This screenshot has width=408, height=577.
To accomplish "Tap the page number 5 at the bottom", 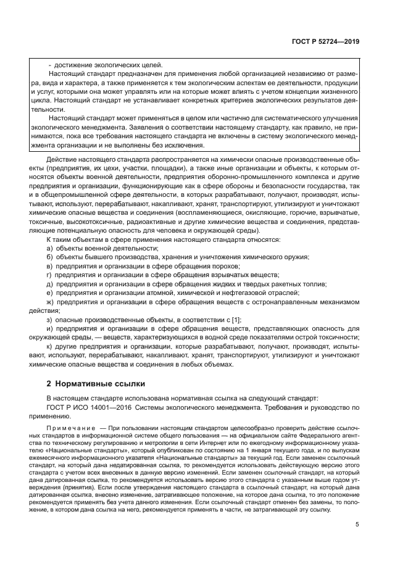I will [x=357, y=525].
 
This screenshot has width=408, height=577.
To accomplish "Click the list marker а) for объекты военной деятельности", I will [x=49, y=248].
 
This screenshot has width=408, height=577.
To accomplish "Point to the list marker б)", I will [x=49, y=257].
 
